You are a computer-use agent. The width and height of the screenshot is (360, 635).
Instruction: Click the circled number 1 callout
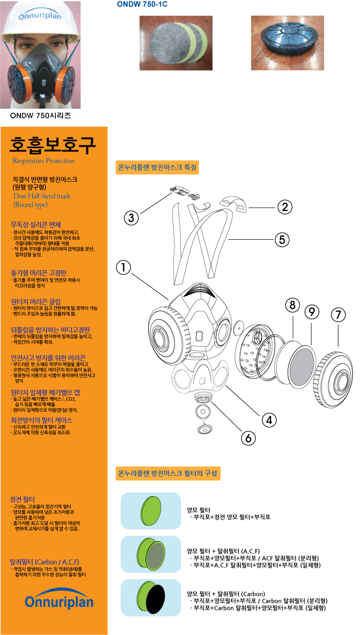pos(124,267)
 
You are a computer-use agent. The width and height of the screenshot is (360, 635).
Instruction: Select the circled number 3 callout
pos(131,218)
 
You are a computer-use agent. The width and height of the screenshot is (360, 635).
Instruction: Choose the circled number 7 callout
pos(338,315)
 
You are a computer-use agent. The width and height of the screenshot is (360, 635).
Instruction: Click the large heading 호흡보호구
pos(53,145)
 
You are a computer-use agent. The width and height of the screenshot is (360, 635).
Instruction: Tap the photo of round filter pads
pos(176,43)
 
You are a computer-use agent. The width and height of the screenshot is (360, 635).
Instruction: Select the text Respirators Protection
pos(43,161)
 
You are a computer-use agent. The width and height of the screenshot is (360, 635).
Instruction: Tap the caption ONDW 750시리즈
pos(40,116)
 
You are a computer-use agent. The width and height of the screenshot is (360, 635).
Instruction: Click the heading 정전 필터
pos(22,500)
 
